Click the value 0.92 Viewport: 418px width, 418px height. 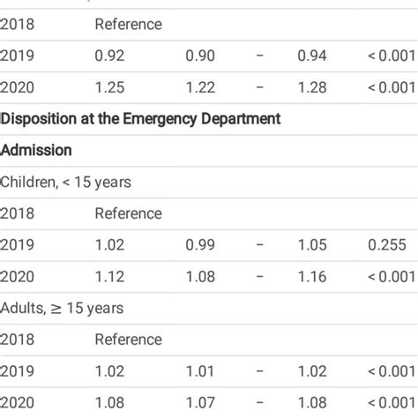pyautogui.click(x=109, y=56)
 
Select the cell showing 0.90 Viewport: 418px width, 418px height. pyautogui.click(x=200, y=56)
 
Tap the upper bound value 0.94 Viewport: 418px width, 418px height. pyautogui.click(x=312, y=56)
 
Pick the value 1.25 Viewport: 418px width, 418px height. pyautogui.click(x=109, y=88)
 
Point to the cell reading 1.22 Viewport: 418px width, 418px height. pyautogui.click(x=200, y=88)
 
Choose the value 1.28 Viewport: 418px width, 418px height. pyautogui.click(x=312, y=88)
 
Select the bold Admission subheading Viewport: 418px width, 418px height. pyautogui.click(x=36, y=151)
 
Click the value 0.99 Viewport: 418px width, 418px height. pyautogui.click(x=200, y=245)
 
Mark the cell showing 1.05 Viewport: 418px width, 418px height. pyautogui.click(x=312, y=245)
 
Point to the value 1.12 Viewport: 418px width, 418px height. pyautogui.click(x=109, y=277)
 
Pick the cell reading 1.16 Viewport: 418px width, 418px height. pyautogui.click(x=312, y=277)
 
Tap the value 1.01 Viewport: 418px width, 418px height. pyautogui.click(x=200, y=371)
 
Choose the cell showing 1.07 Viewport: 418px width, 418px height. pyautogui.click(x=200, y=403)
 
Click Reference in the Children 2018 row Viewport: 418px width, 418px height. pyautogui.click(x=128, y=213)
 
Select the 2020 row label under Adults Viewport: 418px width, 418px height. pyautogui.click(x=16, y=403)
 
